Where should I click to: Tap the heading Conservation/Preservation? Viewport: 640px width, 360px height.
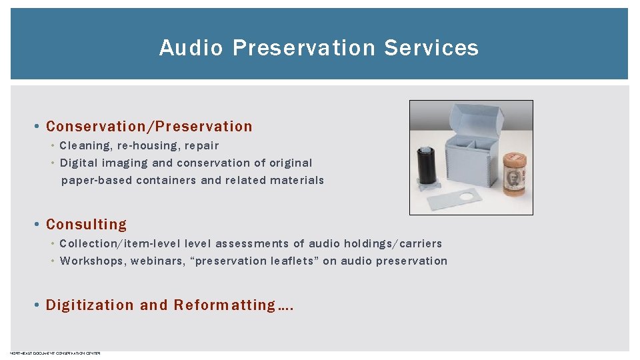click(x=149, y=127)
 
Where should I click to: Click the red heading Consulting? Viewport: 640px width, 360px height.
click(x=86, y=225)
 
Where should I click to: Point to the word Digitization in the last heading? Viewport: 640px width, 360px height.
click(x=90, y=305)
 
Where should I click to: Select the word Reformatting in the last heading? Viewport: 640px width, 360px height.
click(x=225, y=305)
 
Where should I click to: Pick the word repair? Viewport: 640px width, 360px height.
click(x=201, y=145)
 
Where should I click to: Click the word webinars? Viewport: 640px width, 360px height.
click(x=158, y=261)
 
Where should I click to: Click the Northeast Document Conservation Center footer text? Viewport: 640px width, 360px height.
click(x=55, y=353)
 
